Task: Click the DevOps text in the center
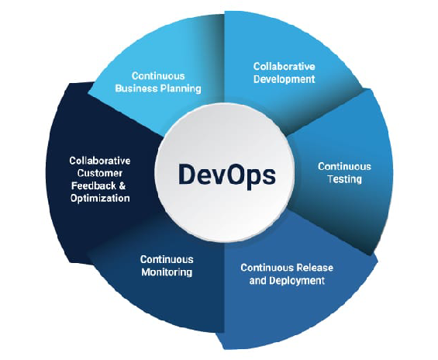(x=227, y=175)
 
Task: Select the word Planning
(x=181, y=89)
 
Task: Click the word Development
(x=284, y=79)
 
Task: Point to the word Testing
(x=345, y=179)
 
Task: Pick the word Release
(x=315, y=268)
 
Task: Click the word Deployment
(x=297, y=280)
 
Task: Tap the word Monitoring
(x=167, y=272)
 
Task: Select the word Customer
(x=100, y=173)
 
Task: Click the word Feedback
(x=94, y=186)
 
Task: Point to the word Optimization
(x=100, y=199)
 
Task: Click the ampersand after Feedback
(x=122, y=186)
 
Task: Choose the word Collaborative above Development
(x=284, y=67)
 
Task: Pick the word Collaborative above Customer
(x=100, y=161)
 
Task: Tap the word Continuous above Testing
(x=344, y=167)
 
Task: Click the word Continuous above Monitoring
(x=167, y=259)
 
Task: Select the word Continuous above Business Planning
(x=158, y=76)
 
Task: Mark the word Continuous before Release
(x=267, y=268)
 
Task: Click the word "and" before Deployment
(x=258, y=280)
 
